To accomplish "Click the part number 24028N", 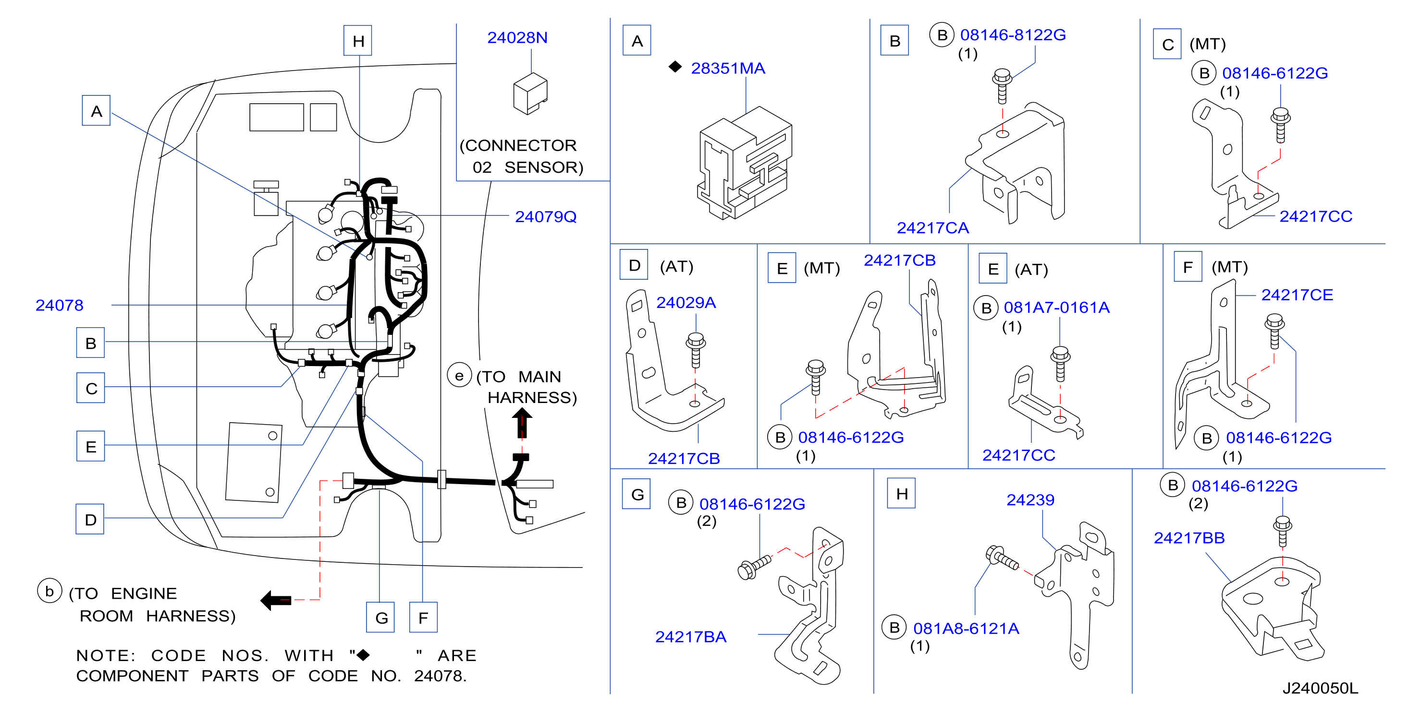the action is [517, 37].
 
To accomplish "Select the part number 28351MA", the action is [728, 68].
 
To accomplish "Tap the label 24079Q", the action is [546, 216].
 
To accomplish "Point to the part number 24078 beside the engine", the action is [59, 305].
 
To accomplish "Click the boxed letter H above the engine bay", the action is [358, 41].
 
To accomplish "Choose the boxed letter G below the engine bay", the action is [380, 617].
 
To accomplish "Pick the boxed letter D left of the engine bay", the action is [90, 519].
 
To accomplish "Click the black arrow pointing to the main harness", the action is [521, 422].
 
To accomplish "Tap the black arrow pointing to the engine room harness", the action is [276, 600].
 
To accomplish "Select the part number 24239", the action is [1030, 500].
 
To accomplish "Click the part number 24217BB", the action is [1189, 538].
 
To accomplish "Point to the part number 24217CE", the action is [1297, 295].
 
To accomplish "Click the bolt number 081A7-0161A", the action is [1056, 308].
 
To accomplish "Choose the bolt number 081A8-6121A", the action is [966, 628].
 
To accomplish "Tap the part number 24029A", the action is [686, 303].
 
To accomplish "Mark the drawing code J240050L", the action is [1320, 688].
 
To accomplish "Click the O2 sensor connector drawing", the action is [530, 94].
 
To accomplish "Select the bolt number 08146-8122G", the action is [1013, 35].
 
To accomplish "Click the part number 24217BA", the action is [691, 637].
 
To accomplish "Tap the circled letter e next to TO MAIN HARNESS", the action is [459, 375].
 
